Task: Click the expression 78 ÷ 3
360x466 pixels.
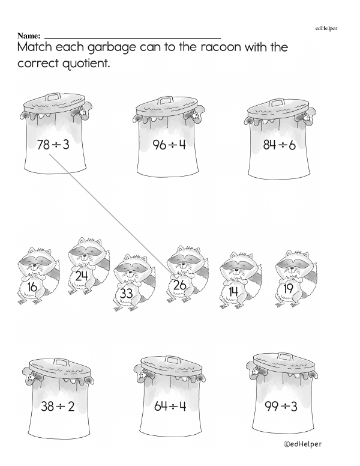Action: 53,145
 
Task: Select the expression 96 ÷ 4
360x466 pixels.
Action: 169,145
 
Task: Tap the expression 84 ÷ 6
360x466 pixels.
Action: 279,145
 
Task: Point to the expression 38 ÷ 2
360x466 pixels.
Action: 58,406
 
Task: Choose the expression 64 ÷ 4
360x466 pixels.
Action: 170,406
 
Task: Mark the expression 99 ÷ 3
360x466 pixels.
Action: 281,406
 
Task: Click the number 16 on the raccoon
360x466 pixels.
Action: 32,287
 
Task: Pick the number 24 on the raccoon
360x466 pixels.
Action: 82,276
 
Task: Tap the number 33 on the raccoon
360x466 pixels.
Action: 126,294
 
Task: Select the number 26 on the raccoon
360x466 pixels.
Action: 179,285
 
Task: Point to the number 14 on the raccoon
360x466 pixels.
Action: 233,291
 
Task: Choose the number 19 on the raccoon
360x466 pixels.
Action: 288,288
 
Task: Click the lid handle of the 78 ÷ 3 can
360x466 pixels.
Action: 53,97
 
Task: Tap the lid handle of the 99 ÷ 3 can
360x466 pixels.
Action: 282,357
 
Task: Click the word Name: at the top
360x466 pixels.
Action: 29,36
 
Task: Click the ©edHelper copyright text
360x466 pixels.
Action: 302,444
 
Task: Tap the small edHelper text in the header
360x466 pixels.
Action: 326,28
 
